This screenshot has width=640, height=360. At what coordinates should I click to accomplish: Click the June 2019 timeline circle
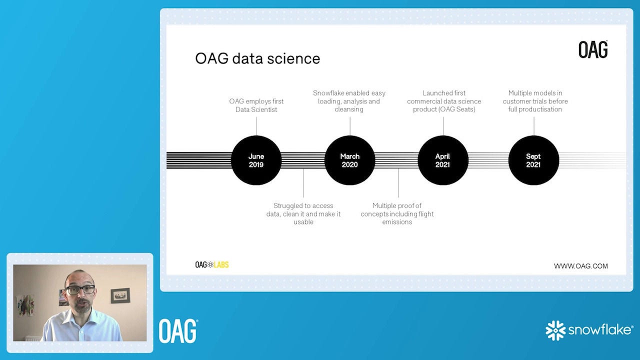pos(256,160)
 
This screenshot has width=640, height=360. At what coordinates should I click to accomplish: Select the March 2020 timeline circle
pos(349,160)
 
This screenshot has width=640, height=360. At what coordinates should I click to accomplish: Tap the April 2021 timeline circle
pos(443,160)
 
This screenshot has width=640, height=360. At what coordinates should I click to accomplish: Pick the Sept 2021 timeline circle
pos(533,160)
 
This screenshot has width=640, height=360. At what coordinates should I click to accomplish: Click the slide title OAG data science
pos(257,58)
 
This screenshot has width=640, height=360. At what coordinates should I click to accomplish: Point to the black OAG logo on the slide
pos(593,49)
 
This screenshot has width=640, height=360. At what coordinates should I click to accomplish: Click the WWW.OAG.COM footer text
pos(581,266)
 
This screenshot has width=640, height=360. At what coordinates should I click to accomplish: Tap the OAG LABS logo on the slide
pos(212,265)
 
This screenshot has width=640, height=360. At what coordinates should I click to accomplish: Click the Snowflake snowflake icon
pos(555,330)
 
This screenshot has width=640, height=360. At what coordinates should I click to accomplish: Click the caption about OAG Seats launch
pos(444,101)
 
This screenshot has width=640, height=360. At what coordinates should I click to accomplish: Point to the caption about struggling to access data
pos(303,213)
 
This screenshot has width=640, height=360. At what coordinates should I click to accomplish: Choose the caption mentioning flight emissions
pos(397,213)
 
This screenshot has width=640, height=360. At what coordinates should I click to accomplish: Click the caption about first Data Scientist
pos(256,105)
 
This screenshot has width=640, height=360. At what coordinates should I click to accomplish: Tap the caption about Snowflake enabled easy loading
pos(349,101)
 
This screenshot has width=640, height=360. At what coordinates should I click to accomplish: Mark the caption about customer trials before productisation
pos(535,101)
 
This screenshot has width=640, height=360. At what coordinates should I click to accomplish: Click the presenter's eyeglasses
pos(80,289)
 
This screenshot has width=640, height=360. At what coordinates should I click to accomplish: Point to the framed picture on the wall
pos(120,295)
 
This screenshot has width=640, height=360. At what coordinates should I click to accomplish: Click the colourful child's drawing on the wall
pos(25,305)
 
